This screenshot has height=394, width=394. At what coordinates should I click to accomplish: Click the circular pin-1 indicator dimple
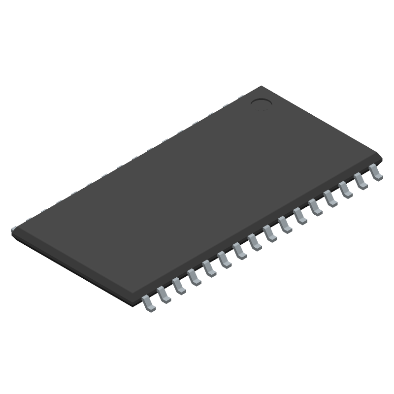[261, 103]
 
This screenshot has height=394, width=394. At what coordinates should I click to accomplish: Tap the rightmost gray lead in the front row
[376, 172]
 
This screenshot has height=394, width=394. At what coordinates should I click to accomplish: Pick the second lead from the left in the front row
[164, 295]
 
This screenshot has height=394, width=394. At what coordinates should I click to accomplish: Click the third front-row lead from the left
[179, 286]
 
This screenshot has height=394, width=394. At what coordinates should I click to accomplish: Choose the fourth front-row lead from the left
[194, 277]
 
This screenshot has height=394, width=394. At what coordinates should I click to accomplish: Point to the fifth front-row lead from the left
[209, 268]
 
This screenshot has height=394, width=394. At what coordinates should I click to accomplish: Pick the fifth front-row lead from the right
[316, 207]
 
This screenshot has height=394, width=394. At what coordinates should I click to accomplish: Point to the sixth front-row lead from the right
[300, 216]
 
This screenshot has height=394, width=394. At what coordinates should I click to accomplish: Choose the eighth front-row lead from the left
[255, 242]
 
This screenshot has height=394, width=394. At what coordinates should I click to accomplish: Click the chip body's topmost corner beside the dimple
[261, 87]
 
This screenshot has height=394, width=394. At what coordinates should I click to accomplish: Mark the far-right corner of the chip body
[381, 157]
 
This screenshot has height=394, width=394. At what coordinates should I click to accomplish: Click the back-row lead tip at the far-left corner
[13, 228]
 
